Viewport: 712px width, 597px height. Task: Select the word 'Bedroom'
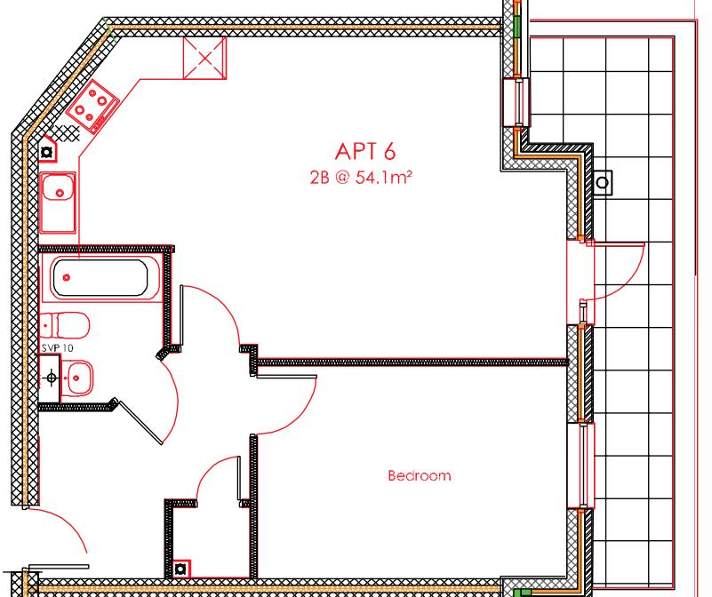tap(419, 475)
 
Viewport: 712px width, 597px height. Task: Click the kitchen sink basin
tap(59, 189)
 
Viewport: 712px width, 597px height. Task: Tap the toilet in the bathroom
tap(63, 323)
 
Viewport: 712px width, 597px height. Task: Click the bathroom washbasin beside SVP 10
tap(79, 378)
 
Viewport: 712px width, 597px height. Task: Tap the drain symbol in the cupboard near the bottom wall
tap(182, 567)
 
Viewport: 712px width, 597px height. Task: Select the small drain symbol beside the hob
tap(47, 152)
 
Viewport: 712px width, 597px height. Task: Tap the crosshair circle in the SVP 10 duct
tap(52, 378)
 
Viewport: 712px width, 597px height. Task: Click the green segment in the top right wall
tap(517, 22)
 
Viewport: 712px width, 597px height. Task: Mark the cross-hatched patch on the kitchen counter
tap(68, 134)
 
